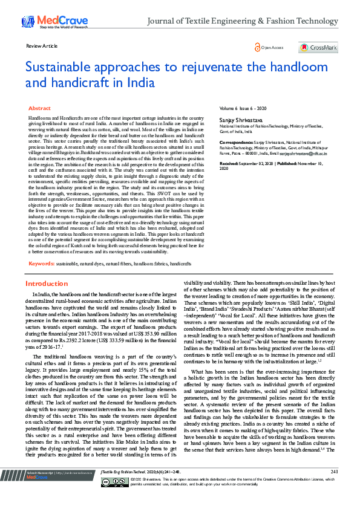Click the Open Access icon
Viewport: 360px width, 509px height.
pos(257,47)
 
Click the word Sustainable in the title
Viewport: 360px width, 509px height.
pos(62,67)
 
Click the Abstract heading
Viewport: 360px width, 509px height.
pos(39,108)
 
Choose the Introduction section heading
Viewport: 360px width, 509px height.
pos(47,284)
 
